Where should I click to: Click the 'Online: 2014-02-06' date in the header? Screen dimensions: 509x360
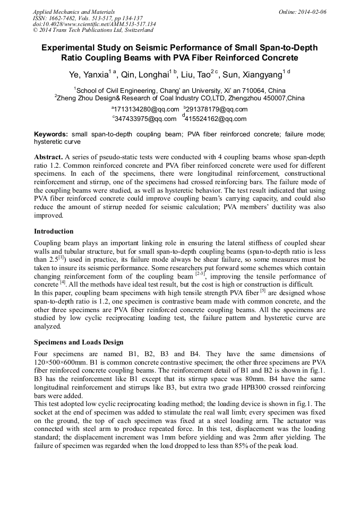(302, 12)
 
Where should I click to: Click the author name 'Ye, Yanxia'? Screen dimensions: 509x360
(88, 74)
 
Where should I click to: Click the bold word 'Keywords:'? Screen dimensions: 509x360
(51, 135)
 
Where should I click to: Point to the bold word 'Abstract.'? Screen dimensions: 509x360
(48, 158)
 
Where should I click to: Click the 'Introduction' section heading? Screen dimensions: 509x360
(54, 231)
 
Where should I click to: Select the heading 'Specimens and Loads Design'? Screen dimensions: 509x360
(79, 342)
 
